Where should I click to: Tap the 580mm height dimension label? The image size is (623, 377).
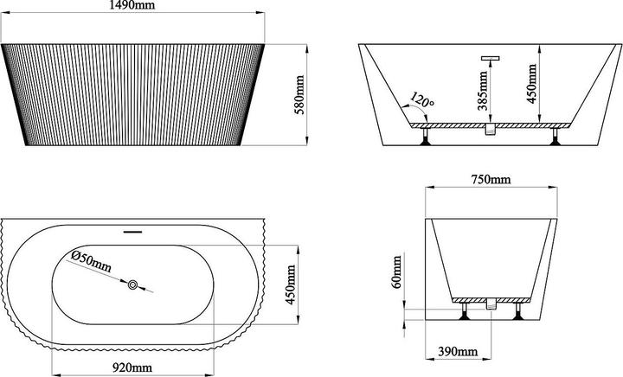coord(299,94)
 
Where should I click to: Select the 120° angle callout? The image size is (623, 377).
coord(422,99)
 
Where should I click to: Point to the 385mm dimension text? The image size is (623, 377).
coord(483,91)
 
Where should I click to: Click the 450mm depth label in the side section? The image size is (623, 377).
coord(531,84)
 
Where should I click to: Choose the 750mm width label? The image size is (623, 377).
coord(491,180)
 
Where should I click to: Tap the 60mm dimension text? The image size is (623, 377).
coord(396,272)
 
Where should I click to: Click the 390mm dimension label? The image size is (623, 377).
coord(458,352)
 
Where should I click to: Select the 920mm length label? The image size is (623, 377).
coord(132,367)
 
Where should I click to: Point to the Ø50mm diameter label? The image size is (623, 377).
coord(91,261)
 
